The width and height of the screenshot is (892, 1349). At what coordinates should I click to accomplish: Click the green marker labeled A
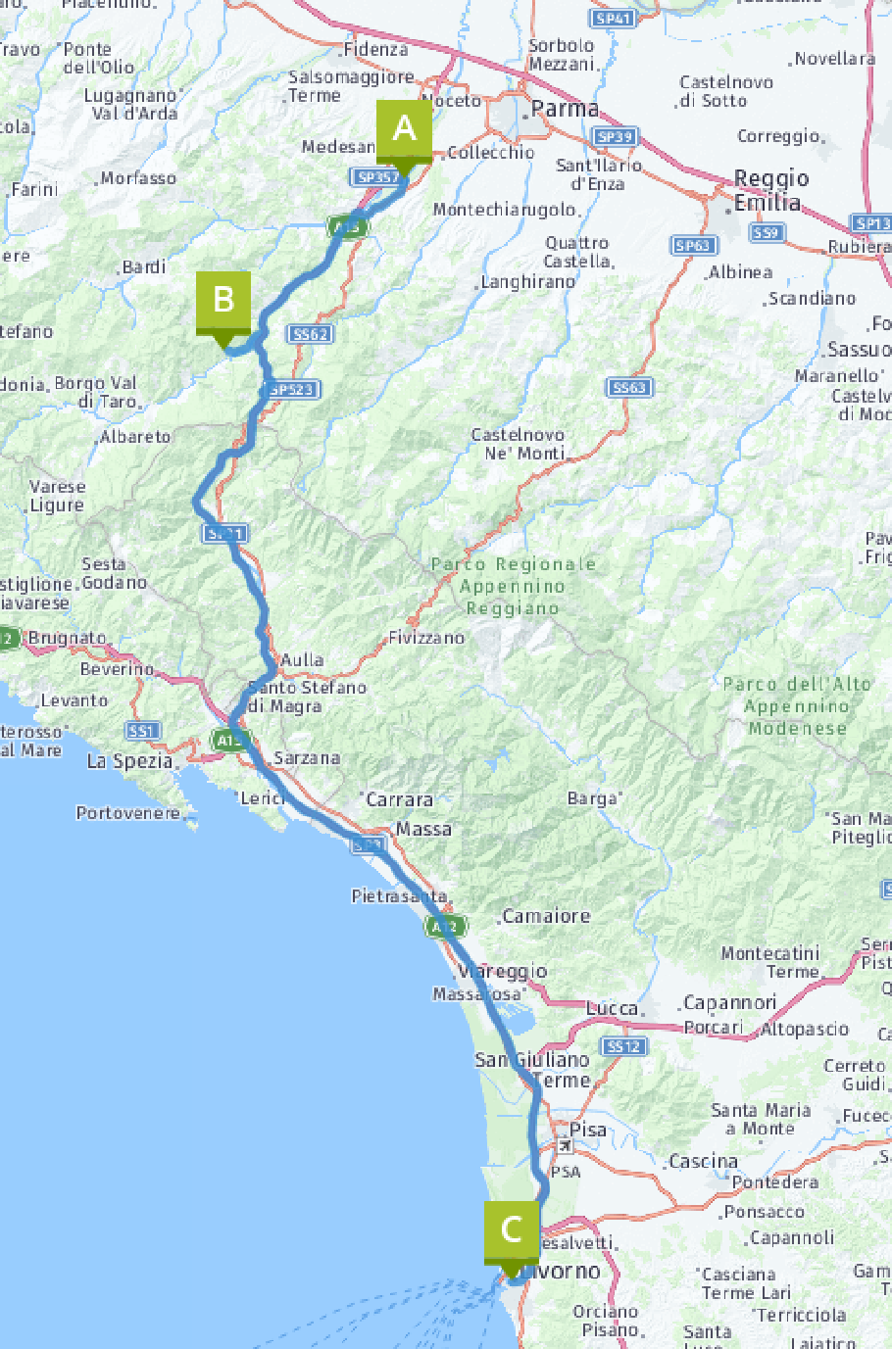coord(404,130)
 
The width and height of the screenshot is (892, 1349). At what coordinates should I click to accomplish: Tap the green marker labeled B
coord(223,301)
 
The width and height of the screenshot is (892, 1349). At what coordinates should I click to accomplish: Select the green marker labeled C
coord(511,1230)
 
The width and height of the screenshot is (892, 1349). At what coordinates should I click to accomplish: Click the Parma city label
coord(565,110)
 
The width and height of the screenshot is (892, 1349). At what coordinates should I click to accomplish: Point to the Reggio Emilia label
coord(771,190)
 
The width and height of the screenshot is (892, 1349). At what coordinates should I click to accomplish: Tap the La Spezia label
coord(130,761)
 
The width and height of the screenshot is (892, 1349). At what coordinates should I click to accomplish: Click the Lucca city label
coord(613,1008)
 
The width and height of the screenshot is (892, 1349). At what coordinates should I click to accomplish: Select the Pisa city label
coord(588,1130)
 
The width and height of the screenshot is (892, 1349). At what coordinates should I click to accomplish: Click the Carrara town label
coord(399,800)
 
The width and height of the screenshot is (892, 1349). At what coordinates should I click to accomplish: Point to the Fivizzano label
coord(426,638)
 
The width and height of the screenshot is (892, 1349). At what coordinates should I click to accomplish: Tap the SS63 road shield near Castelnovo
coord(629,388)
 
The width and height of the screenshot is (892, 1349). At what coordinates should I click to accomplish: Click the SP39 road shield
coord(615,137)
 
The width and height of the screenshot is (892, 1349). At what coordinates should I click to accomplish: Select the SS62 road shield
coord(311,334)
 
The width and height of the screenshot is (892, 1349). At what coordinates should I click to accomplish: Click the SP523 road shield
coord(291,390)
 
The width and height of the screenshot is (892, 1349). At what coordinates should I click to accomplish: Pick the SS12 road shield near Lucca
coord(623,1046)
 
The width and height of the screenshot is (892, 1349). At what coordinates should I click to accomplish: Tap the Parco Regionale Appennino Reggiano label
coord(512,586)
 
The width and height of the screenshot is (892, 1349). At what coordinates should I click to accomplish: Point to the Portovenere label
coord(128,813)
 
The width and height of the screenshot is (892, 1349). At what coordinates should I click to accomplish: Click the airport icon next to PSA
coord(565,1146)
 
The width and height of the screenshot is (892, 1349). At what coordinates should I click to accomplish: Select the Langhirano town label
coord(528,282)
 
